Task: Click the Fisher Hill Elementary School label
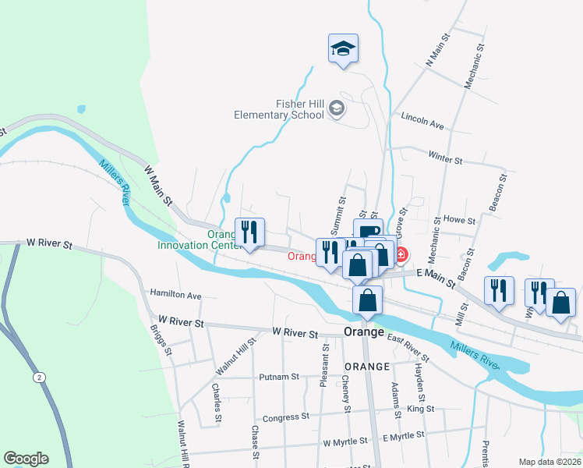(279, 109)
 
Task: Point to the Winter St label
(446, 159)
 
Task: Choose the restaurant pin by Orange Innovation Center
(249, 232)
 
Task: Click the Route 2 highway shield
(37, 377)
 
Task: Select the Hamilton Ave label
(175, 296)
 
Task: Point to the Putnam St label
(279, 377)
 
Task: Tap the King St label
(420, 409)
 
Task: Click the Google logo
(26, 459)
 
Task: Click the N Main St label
(437, 49)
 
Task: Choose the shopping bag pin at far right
(560, 302)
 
